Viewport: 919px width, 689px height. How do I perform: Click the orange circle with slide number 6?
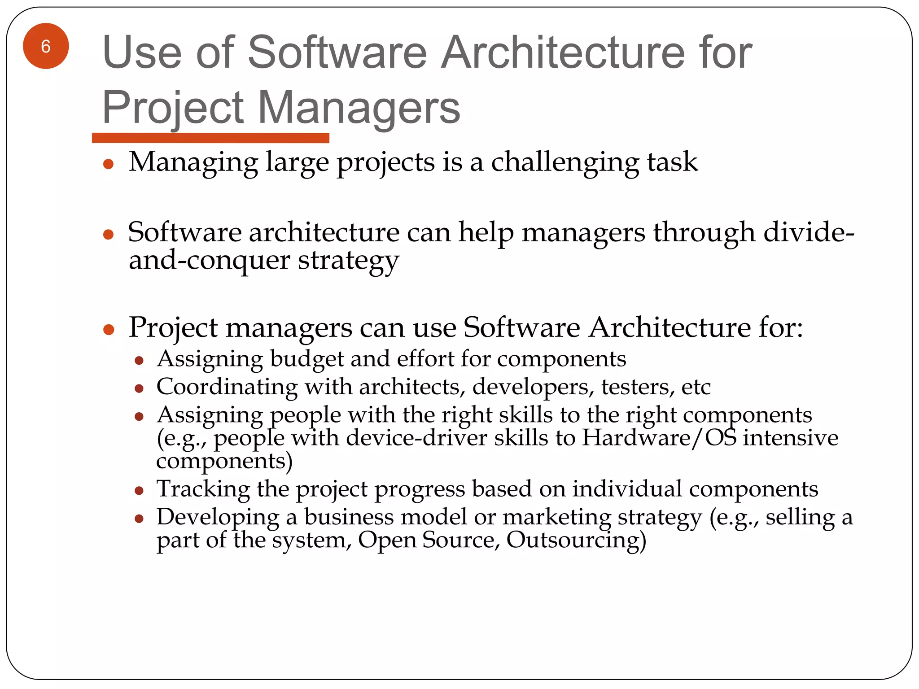click(46, 46)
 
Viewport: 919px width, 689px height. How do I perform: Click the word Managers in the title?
click(359, 108)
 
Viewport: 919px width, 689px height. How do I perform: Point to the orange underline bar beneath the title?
click(210, 138)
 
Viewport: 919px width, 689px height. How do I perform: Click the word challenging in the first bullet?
click(565, 162)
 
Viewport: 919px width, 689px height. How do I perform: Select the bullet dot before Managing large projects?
click(108, 164)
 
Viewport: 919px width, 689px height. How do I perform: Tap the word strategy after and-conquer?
click(348, 261)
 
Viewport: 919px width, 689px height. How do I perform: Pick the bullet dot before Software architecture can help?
click(108, 234)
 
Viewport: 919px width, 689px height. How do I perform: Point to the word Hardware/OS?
click(659, 438)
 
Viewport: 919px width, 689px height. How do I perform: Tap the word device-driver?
click(416, 438)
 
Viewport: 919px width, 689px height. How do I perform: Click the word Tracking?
click(203, 489)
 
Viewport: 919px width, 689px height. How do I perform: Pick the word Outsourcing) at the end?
click(576, 540)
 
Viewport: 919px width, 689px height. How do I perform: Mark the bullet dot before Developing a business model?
click(139, 519)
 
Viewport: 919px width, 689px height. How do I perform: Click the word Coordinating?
click(227, 387)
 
